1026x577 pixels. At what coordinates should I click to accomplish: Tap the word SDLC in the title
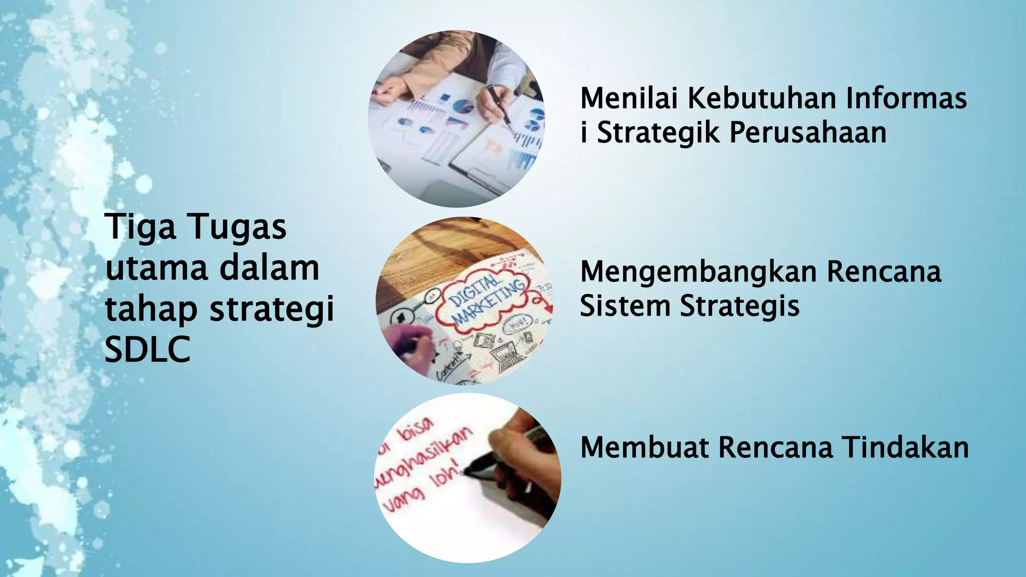click(148, 349)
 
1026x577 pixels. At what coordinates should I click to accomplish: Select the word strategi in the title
click(272, 309)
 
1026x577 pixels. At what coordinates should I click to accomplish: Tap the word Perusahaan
click(808, 133)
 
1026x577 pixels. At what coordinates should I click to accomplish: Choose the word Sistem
click(625, 306)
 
